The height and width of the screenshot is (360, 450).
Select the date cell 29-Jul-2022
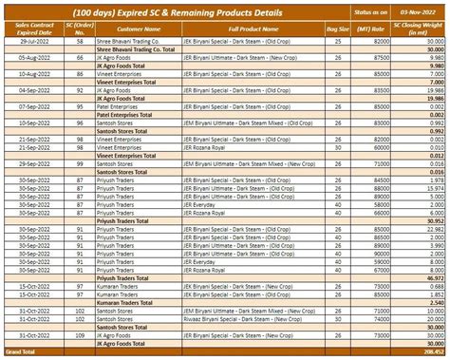[30, 43]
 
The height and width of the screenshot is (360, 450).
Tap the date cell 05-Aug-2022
[30, 58]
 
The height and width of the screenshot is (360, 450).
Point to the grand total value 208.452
[431, 351]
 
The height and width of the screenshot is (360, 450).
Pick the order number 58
[80, 43]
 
